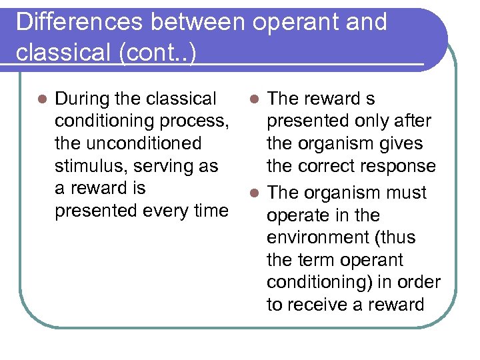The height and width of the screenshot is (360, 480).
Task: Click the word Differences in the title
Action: (x=79, y=22)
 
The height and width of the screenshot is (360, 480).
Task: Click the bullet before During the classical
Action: (x=41, y=99)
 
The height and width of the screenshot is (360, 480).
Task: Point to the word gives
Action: (x=399, y=143)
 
